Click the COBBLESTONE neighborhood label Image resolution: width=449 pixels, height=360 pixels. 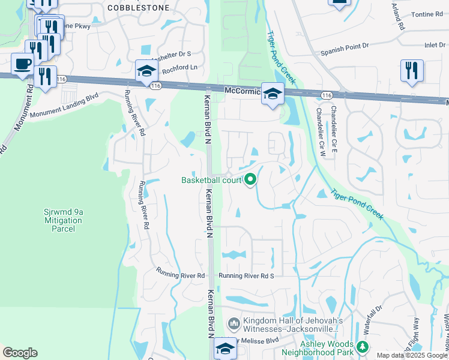point(138,8)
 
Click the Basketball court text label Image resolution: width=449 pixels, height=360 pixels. point(211,180)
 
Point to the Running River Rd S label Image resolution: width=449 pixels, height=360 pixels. point(246,276)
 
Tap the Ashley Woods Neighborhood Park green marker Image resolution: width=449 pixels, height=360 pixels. point(362,346)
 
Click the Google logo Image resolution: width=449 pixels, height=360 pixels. point(20,353)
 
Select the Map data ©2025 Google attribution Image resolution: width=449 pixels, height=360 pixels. point(412,355)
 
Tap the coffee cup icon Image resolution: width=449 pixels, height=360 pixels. point(23,64)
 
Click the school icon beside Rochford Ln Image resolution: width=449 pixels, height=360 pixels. point(145,71)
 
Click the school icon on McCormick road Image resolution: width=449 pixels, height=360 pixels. point(272,94)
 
